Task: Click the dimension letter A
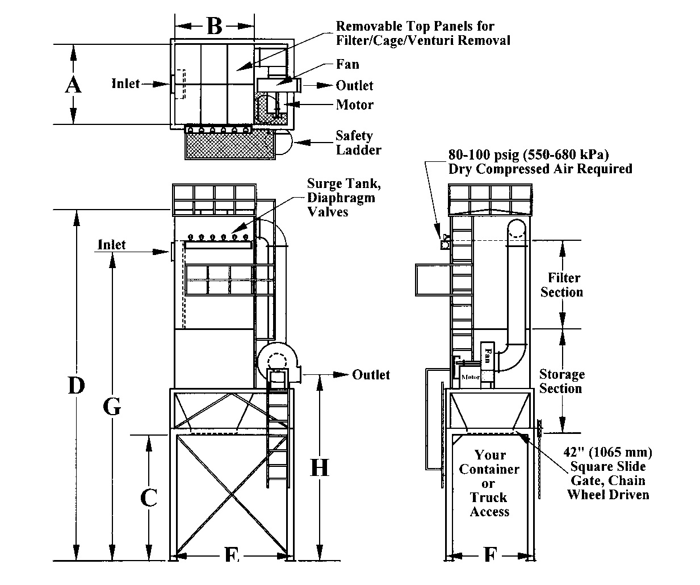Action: pyautogui.click(x=73, y=85)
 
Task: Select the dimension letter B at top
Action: pyautogui.click(x=215, y=26)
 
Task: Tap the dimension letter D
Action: pyautogui.click(x=77, y=385)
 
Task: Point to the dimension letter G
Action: pyautogui.click(x=112, y=407)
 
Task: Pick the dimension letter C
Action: pyautogui.click(x=149, y=498)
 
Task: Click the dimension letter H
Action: pyautogui.click(x=320, y=467)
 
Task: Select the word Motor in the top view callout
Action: pyautogui.click(x=355, y=105)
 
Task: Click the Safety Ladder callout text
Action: pyautogui.click(x=358, y=143)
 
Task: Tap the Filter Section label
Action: pyautogui.click(x=562, y=285)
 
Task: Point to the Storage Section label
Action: pyautogui.click(x=562, y=381)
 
